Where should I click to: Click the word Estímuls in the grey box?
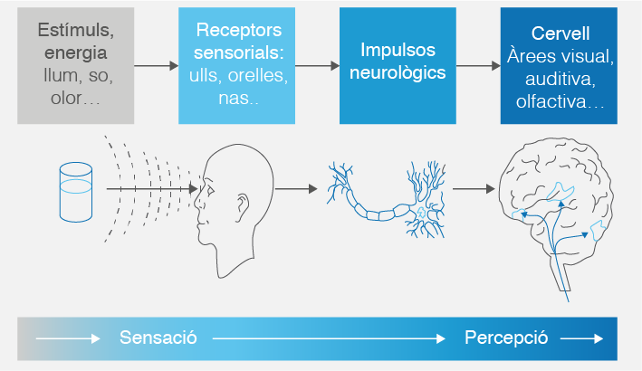75,30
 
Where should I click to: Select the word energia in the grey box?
76,52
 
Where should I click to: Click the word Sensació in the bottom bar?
158,338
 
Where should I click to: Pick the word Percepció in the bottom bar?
506,338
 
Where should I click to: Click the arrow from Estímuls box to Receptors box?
156,65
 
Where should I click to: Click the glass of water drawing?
75,192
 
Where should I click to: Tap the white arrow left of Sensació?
69,339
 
